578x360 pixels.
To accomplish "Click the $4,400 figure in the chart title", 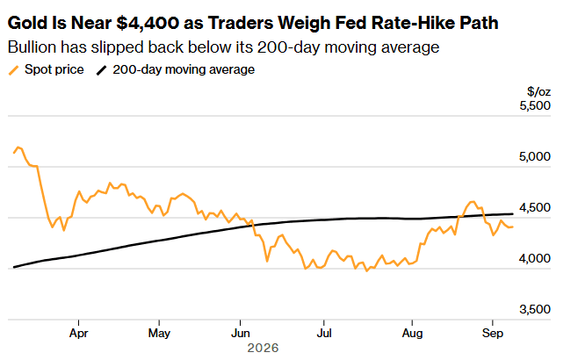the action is click(147, 23).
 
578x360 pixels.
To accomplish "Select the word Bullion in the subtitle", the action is click(33, 47).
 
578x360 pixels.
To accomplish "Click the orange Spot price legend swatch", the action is click(14, 70).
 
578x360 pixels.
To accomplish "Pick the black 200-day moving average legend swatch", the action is click(102, 70).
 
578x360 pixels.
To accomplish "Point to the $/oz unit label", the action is click(539, 91).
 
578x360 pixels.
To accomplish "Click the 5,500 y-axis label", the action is click(535, 105).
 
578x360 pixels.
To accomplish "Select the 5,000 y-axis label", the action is click(535, 156).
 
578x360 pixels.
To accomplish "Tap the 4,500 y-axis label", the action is click(535, 207).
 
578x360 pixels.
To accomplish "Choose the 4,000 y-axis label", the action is click(535, 258).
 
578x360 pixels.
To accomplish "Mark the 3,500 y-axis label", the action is click(535, 309).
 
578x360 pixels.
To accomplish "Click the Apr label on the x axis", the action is click(78, 334).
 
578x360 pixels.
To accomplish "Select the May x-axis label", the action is click(159, 334).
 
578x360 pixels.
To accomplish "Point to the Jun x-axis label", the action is click(241, 334).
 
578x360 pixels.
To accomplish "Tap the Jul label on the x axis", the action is click(324, 334).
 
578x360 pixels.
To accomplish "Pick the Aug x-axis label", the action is click(412, 334).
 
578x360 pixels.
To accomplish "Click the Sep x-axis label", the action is click(493, 334).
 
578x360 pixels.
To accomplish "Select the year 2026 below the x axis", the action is click(263, 348).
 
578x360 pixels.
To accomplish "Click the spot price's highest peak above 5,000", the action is click(18, 147).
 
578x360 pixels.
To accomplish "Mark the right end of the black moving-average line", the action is click(513, 213).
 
